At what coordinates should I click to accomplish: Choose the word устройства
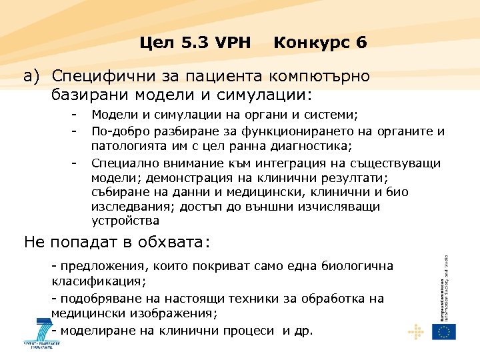coord(125,221)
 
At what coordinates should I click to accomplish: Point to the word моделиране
coord(94,330)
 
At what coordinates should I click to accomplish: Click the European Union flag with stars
coord(443,331)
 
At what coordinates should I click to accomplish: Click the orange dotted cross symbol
coord(416,331)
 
